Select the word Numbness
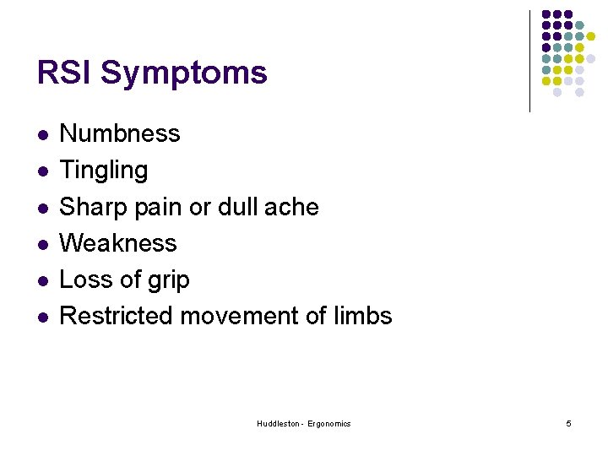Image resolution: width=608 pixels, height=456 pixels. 120,133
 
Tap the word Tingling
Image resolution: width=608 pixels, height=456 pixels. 103,171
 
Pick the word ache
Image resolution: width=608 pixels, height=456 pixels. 294,207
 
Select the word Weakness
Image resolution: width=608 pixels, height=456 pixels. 118,243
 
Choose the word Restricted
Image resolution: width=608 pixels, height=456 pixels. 115,316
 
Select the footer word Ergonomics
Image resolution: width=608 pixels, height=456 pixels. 329,423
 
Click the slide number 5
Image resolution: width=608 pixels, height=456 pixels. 568,423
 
